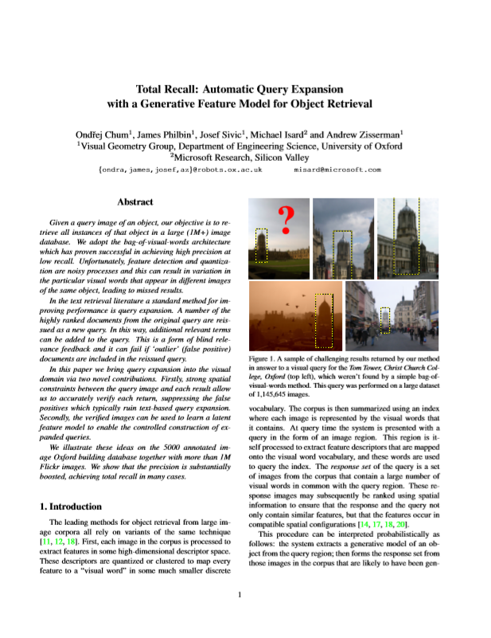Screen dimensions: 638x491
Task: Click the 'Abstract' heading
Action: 134,202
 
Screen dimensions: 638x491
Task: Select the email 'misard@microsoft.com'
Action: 338,170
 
